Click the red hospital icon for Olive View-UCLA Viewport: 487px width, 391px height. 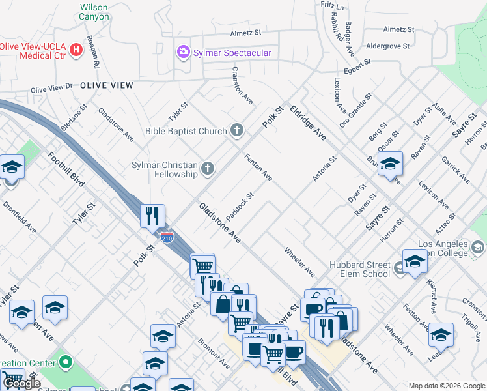tap(76, 49)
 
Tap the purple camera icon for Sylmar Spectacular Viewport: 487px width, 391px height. tap(184, 51)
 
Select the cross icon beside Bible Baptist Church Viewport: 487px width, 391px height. tap(237, 131)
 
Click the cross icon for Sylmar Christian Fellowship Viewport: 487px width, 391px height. tap(208, 169)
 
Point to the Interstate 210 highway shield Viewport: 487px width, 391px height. tap(167, 237)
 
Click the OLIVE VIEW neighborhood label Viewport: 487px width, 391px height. tap(107, 85)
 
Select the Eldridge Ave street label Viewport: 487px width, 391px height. tap(308, 123)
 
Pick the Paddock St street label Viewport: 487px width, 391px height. tap(240, 205)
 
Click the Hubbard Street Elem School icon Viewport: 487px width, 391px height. tap(398, 265)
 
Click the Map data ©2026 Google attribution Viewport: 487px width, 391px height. tap(446, 386)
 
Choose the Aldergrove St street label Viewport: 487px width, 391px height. tap(387, 46)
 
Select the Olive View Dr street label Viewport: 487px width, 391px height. tap(51, 87)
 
